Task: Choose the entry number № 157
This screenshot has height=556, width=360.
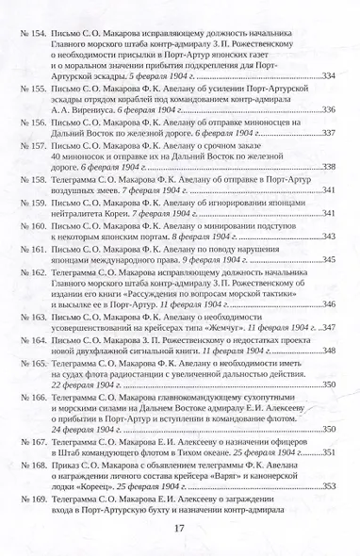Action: (33, 148)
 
